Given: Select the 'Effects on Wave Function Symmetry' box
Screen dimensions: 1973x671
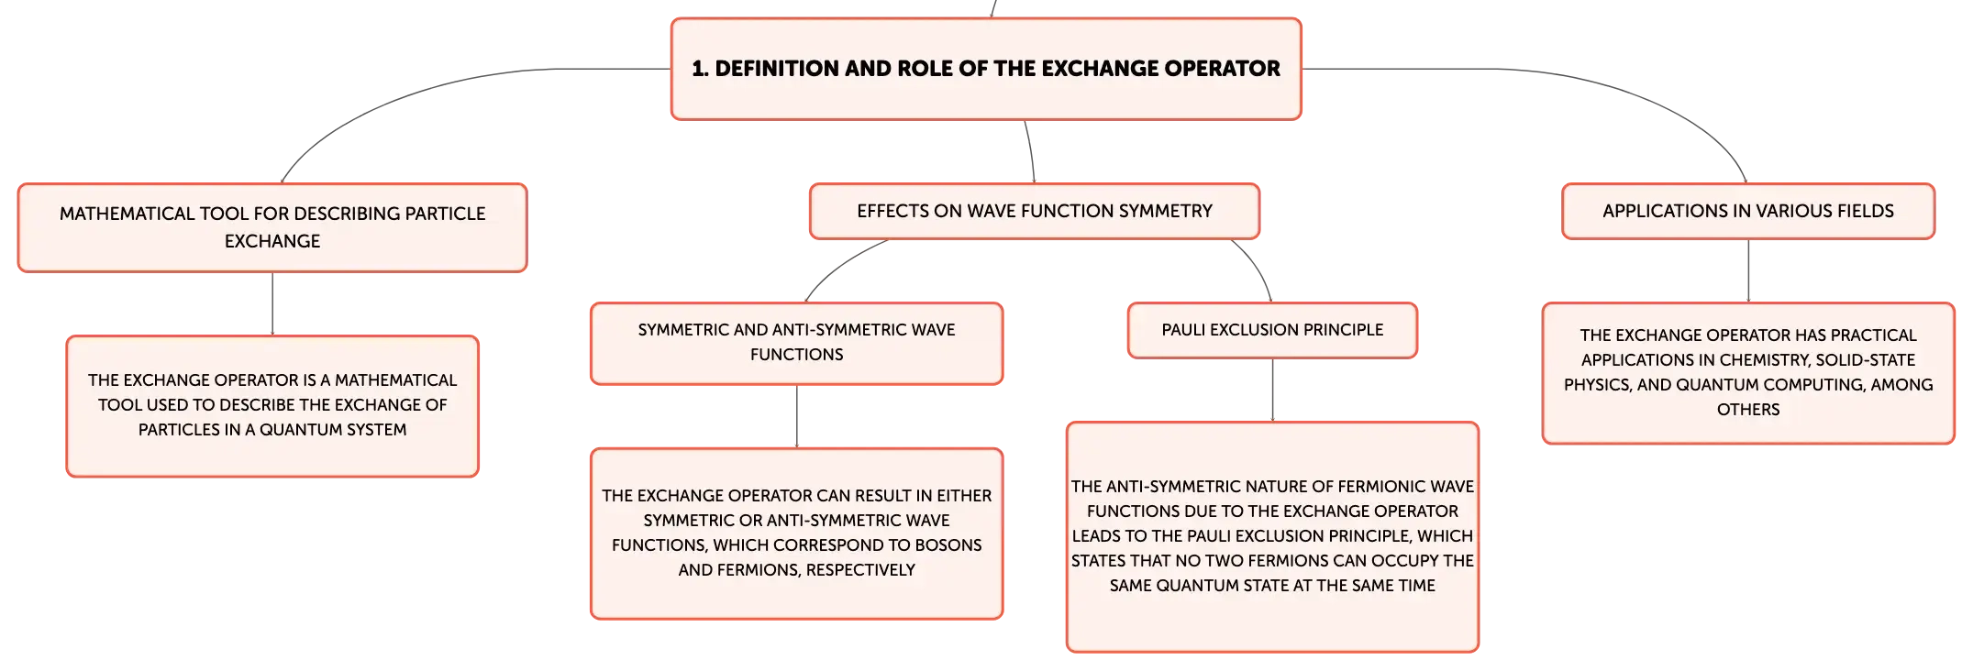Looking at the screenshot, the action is tap(1035, 211).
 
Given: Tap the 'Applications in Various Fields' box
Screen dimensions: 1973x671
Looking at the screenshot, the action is tap(1748, 211).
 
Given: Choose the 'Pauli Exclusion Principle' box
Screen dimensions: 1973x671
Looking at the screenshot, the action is tap(1272, 330).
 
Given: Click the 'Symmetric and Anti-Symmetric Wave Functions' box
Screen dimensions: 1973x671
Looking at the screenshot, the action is tap(796, 343).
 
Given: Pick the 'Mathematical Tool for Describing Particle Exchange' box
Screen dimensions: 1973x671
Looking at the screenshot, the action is tap(272, 227).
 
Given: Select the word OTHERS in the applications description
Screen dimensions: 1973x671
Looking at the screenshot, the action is tap(1748, 410).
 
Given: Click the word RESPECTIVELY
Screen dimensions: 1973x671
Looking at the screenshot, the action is tap(860, 570).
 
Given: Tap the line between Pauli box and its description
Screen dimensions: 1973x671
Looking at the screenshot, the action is tap(1272, 390).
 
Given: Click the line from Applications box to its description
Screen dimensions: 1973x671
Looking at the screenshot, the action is tap(1748, 271).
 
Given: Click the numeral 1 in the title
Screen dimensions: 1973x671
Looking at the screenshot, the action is tap(698, 69).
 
